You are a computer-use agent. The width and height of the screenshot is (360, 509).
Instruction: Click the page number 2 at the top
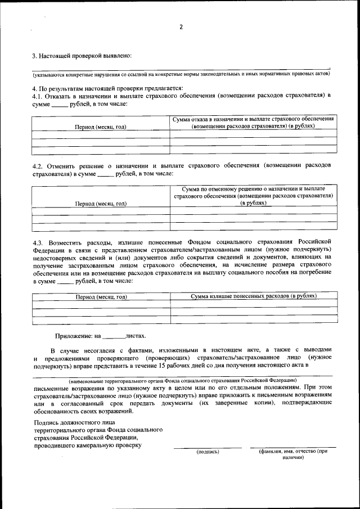[181, 27]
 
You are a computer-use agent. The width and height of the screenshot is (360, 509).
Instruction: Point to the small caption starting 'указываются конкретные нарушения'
[181, 74]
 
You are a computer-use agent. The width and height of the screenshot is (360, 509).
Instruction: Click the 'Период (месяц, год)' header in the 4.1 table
[101, 127]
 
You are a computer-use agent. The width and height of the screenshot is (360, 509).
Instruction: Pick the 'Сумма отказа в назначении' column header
[253, 123]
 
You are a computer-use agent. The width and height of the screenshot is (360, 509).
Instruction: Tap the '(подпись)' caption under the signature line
[208, 451]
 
